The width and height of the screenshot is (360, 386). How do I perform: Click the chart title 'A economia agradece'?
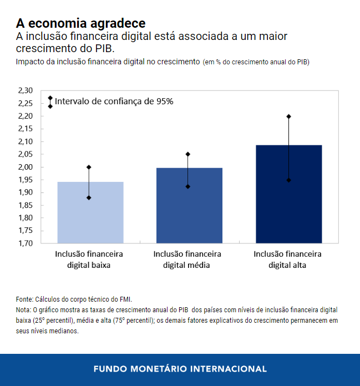tap(81, 23)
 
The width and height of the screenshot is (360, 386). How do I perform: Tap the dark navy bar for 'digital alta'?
tap(288, 194)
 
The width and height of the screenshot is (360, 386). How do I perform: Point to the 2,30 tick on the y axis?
tap(26, 90)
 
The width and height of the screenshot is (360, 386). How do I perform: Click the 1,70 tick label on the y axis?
tap(26, 243)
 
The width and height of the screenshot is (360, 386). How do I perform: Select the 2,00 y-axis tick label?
tap(26, 167)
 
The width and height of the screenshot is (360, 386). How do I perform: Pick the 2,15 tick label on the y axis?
tap(26, 129)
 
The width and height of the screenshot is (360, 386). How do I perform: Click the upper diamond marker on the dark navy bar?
tap(288, 116)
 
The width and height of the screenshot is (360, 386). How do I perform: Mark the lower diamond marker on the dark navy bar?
tap(288, 180)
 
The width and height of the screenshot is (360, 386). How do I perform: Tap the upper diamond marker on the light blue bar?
tap(89, 167)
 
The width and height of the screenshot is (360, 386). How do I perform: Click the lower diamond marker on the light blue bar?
tap(89, 197)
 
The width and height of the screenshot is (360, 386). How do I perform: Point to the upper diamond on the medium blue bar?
tap(188, 154)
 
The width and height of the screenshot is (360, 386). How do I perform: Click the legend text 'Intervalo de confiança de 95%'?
tap(114, 101)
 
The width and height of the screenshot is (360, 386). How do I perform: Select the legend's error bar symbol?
tap(50, 102)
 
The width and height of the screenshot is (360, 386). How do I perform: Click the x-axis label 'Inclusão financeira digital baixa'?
tap(89, 259)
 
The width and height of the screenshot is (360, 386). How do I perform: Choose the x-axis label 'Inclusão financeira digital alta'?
tap(288, 259)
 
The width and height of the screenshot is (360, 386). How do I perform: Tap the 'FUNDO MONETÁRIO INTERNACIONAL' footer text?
tap(180, 369)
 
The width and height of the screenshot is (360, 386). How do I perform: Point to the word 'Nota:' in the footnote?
tap(24, 309)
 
